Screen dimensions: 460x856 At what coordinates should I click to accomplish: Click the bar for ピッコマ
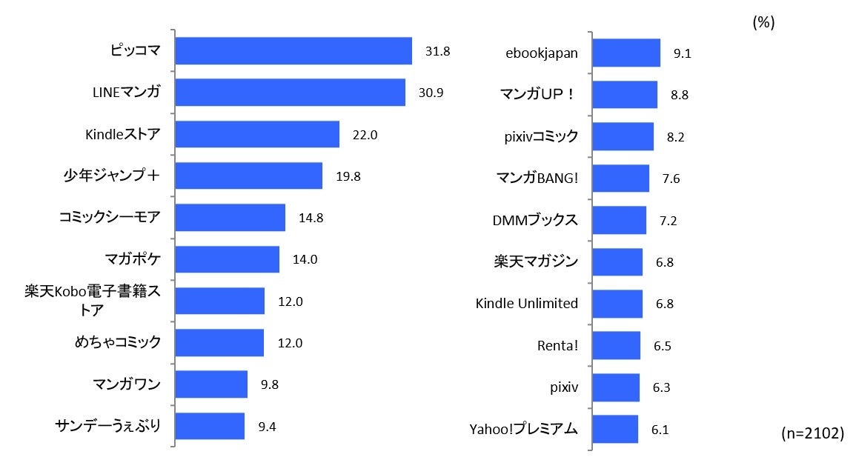[293, 51]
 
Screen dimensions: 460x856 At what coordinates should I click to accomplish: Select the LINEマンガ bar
[290, 93]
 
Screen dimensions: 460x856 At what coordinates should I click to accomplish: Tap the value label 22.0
[365, 135]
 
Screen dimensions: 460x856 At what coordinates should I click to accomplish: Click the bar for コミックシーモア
[230, 218]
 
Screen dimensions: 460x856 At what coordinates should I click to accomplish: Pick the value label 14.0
[305, 259]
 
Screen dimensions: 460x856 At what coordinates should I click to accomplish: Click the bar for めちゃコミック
[219, 343]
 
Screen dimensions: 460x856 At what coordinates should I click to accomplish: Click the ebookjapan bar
[626, 53]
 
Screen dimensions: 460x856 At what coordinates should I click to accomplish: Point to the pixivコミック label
[540, 136]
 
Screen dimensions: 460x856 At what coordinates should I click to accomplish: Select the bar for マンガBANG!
[621, 179]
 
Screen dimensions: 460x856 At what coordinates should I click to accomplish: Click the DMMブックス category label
[535, 220]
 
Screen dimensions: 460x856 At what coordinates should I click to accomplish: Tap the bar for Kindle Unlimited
[617, 304]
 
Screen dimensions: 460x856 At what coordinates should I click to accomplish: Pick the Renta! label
[557, 345]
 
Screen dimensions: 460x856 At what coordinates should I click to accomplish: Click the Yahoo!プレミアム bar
[615, 429]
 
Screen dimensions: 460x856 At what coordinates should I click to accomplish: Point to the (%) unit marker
[763, 23]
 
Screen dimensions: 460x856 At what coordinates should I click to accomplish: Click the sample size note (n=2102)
[812, 434]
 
